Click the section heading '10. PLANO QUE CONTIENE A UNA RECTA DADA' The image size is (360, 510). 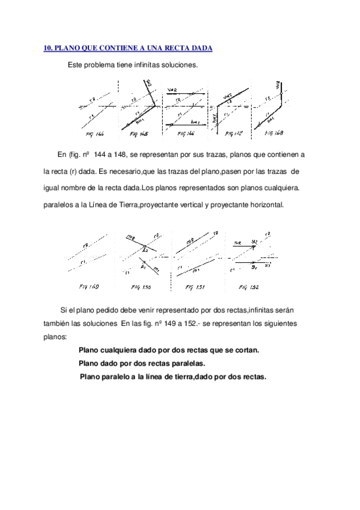(129, 48)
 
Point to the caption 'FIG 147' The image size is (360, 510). (233, 132)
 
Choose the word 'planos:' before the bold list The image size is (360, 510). (55, 337)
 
